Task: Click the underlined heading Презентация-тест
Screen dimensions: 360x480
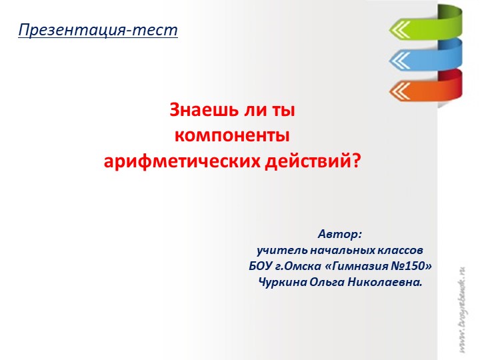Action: click(x=98, y=30)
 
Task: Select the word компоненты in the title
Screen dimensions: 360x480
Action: click(x=232, y=135)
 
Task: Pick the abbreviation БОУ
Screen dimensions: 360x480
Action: click(x=261, y=266)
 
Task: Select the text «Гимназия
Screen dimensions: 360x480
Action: click(x=355, y=266)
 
